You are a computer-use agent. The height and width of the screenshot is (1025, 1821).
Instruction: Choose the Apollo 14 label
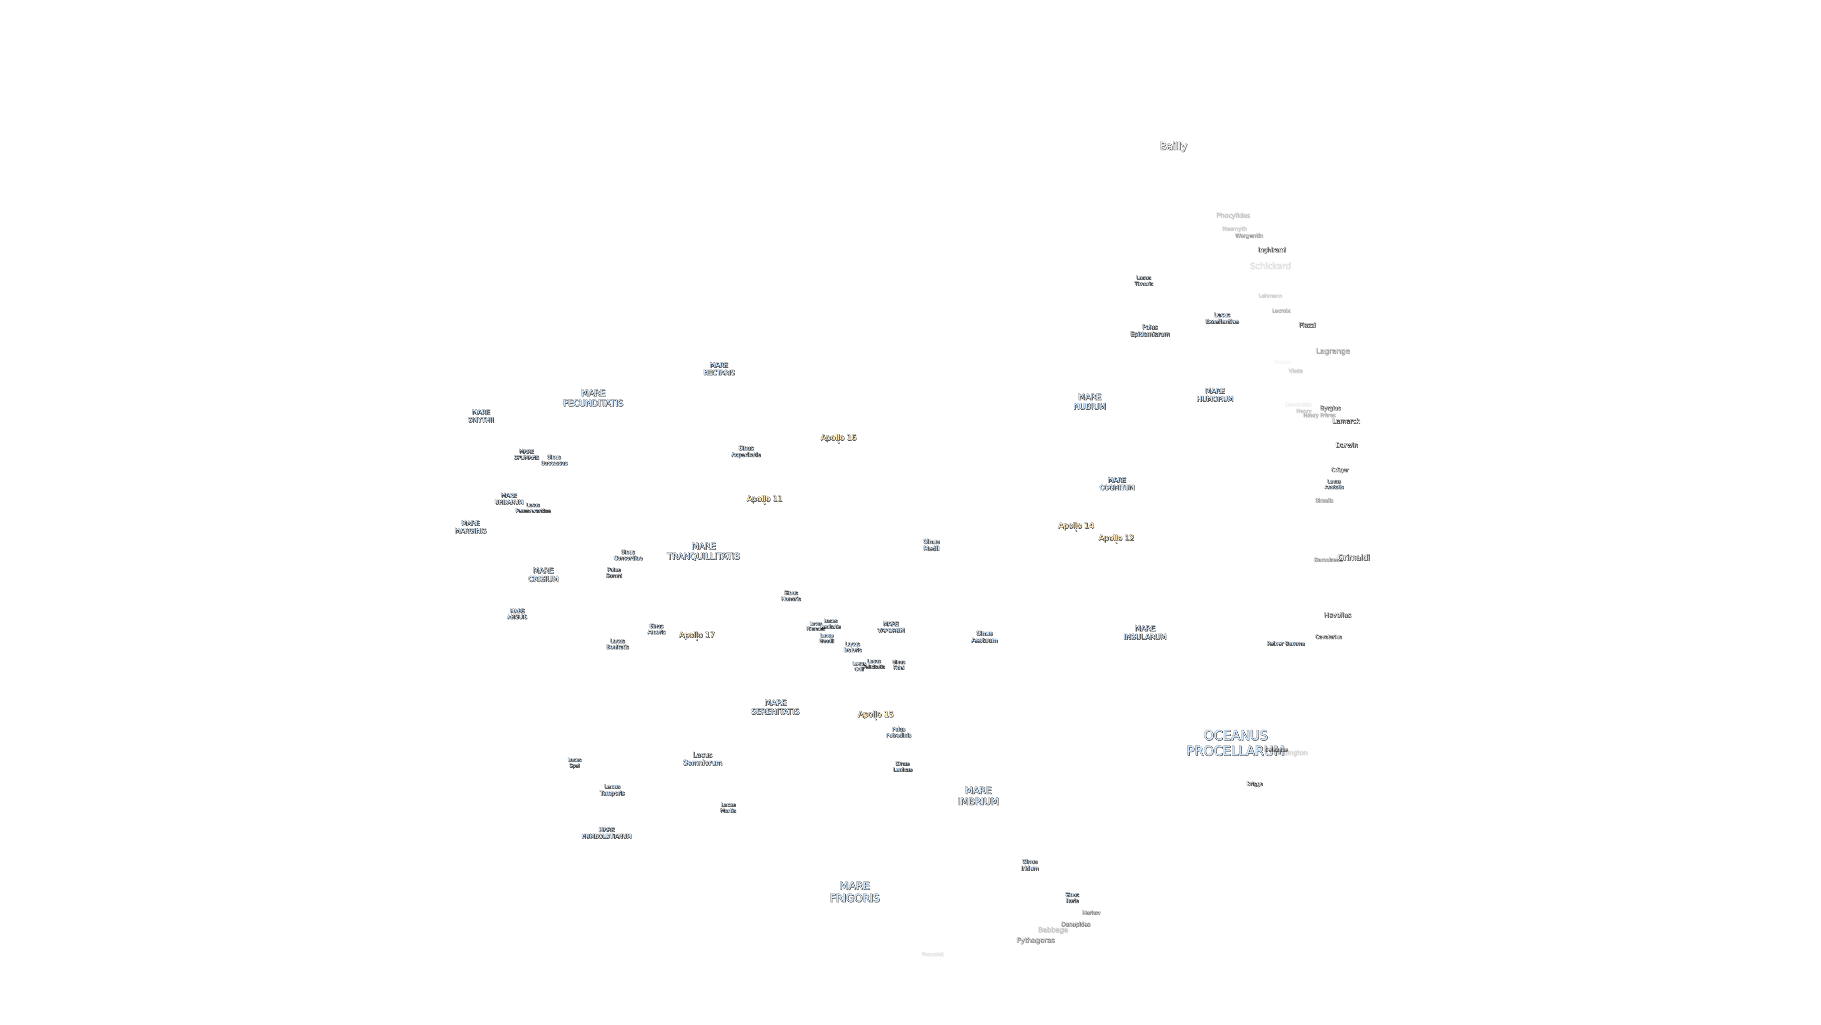(x=1075, y=525)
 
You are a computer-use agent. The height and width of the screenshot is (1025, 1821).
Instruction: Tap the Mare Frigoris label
(x=854, y=892)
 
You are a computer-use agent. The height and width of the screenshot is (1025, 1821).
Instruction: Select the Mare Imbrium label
(x=978, y=796)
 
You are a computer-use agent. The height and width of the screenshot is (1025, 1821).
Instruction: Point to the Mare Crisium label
(x=543, y=575)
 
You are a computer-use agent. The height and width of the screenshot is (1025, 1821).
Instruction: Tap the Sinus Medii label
(x=931, y=545)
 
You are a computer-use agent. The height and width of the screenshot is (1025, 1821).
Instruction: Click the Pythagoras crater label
(x=1035, y=940)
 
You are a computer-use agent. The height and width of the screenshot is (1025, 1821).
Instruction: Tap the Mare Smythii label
(x=481, y=416)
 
